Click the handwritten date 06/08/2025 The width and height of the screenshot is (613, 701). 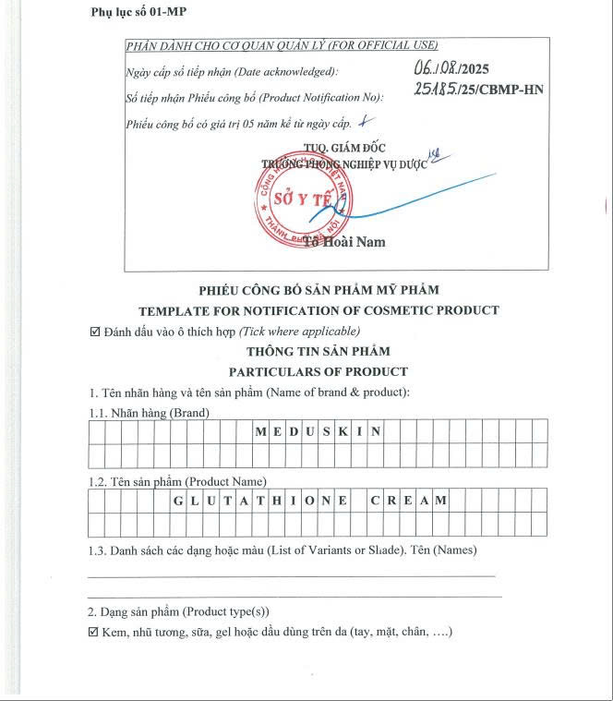coord(451,67)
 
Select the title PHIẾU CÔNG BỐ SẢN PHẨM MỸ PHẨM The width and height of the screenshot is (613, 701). coord(319,290)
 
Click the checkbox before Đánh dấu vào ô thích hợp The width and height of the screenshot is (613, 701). coord(94,332)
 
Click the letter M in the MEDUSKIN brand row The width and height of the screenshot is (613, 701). coord(259,431)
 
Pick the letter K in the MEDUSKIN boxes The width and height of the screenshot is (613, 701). coord(343,431)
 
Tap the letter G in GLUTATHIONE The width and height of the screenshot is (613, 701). coord(178,500)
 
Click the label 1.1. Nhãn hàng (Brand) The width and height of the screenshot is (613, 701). coord(149,412)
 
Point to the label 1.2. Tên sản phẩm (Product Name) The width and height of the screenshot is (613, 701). coord(177,481)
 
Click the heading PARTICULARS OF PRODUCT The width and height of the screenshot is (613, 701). coord(319,371)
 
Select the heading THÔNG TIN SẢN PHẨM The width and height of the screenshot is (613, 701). coord(319,351)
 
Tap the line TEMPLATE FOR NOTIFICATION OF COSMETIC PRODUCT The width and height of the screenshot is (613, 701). coord(319,310)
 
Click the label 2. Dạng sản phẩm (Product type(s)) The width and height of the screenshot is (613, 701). coord(178,611)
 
